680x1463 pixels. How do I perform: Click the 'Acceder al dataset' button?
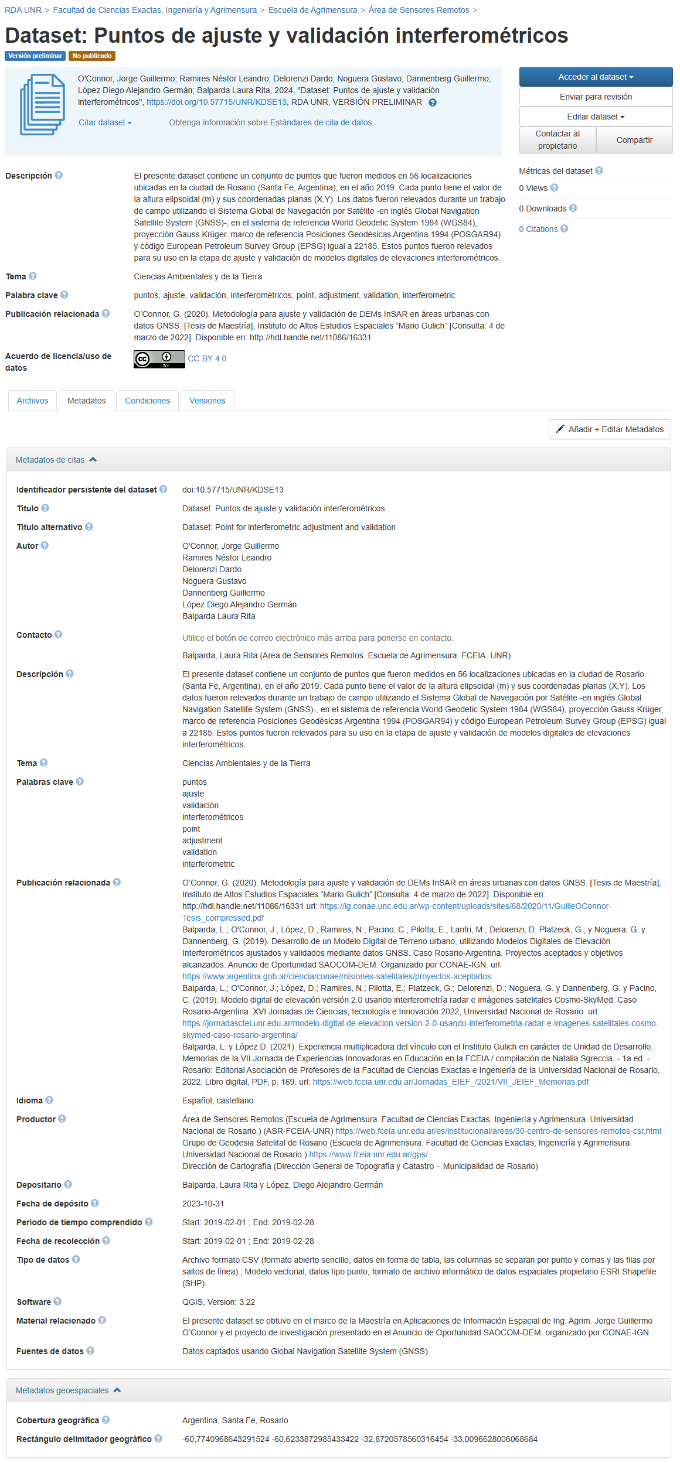coord(596,77)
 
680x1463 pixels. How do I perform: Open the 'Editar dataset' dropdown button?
coord(596,117)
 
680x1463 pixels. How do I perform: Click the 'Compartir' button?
coord(634,140)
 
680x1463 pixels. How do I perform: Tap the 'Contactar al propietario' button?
coord(557,140)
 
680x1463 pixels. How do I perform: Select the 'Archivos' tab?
coord(32,401)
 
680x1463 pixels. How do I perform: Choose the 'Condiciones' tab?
coord(147,401)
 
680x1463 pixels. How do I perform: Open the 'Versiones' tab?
coord(207,401)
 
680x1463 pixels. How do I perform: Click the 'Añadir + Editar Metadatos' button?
coord(610,429)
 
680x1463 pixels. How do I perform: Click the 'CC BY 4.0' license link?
coord(207,358)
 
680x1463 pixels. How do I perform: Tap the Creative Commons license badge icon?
coord(159,359)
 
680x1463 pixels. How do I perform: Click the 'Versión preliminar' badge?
coord(35,56)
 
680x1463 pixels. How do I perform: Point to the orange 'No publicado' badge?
coord(92,56)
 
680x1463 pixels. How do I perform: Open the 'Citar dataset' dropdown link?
coord(105,122)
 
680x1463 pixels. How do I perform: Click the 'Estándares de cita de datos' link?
coord(321,122)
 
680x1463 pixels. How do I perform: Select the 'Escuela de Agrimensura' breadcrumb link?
coord(312,10)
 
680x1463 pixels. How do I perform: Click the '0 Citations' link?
coord(538,229)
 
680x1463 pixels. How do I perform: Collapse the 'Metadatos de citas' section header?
coord(56,460)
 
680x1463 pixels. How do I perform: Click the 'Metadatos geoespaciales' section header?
coord(67,1390)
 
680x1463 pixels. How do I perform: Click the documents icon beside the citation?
coord(42,104)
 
